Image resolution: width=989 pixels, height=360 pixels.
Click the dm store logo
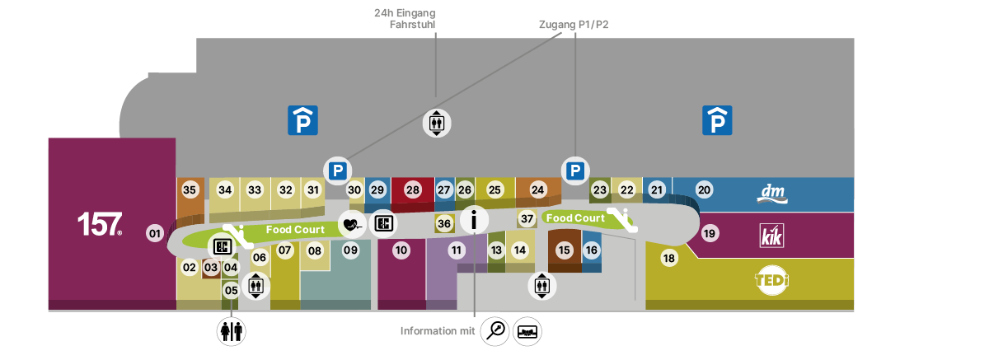coord(772,194)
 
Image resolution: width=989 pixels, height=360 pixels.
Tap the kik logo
coord(771,236)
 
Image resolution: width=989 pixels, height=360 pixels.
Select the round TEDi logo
coord(771,280)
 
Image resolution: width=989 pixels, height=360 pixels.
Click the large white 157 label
coord(100,224)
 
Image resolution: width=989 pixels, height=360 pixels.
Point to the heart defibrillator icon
coord(352,225)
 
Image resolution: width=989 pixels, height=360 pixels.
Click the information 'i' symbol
coord(474,219)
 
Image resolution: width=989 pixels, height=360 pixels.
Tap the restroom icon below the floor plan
coord(232,331)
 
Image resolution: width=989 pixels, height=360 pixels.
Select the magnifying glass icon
coord(495,331)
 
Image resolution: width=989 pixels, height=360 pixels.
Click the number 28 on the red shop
coord(412,189)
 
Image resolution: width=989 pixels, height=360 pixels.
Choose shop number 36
coord(444,224)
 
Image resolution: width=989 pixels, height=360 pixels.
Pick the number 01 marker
coord(155,233)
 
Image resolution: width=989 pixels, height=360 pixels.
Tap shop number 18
coord(669,258)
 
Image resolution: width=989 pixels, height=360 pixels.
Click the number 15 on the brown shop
coord(565,250)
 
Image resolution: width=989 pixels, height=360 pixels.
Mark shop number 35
coord(190,189)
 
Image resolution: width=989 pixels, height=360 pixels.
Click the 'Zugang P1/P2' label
coord(574,24)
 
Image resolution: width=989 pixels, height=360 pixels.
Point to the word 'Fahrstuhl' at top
coord(412,24)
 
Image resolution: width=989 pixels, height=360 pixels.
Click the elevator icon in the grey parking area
coord(437,123)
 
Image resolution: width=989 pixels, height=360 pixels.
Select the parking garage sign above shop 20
coord(717,120)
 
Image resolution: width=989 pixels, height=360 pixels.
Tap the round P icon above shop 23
coord(575,171)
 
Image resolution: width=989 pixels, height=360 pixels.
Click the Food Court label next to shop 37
coord(575,218)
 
